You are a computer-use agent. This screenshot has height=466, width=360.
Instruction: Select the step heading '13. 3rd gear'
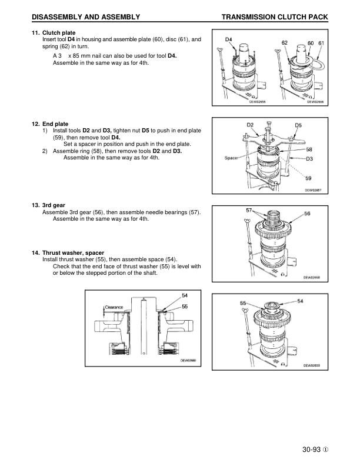click(x=52, y=206)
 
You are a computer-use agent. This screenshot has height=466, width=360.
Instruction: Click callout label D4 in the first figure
click(x=229, y=40)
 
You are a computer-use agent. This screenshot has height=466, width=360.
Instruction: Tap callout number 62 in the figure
click(x=285, y=43)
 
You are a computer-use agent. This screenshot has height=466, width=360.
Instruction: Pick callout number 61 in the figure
click(x=321, y=43)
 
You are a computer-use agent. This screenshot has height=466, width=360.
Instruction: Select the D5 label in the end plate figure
click(x=298, y=125)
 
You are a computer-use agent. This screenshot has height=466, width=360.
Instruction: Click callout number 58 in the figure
click(x=309, y=149)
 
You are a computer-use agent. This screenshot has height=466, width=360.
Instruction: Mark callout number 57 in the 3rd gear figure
click(x=249, y=209)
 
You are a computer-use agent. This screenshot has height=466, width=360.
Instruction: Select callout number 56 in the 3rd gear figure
click(x=307, y=214)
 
